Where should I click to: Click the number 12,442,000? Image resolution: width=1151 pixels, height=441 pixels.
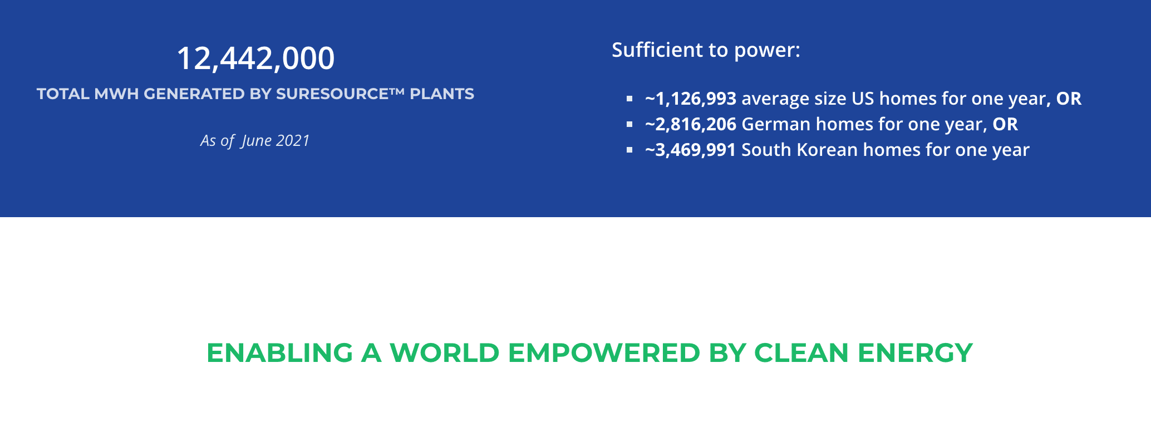pyautogui.click(x=255, y=58)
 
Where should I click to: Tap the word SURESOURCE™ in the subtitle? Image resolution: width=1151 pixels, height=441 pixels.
pyautogui.click(x=340, y=94)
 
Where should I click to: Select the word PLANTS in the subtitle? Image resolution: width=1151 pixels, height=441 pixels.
pyautogui.click(x=442, y=94)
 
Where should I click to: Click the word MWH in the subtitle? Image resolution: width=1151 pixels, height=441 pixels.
pyautogui.click(x=116, y=94)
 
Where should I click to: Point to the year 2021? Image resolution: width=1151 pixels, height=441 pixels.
pyautogui.click(x=293, y=140)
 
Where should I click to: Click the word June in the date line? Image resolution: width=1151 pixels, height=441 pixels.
pyautogui.click(x=256, y=141)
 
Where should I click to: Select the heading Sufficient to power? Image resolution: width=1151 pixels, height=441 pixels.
pyautogui.click(x=706, y=51)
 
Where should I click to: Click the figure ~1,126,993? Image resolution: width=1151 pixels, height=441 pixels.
pyautogui.click(x=691, y=99)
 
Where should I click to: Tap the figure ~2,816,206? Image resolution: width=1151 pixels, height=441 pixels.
pyautogui.click(x=691, y=125)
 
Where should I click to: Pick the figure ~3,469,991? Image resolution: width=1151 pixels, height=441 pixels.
pyautogui.click(x=691, y=150)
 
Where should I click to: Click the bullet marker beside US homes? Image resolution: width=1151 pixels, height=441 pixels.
pyautogui.click(x=629, y=99)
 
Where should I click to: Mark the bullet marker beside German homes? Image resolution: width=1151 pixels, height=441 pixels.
pyautogui.click(x=629, y=124)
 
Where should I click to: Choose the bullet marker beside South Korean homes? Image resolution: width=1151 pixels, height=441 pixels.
pyautogui.click(x=629, y=150)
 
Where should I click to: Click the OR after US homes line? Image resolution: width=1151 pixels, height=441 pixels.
pyautogui.click(x=1069, y=99)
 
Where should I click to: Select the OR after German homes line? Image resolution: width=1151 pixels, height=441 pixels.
pyautogui.click(x=1005, y=124)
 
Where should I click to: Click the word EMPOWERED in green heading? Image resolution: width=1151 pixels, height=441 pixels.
pyautogui.click(x=604, y=353)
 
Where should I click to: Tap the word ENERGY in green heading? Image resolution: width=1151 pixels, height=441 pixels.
pyautogui.click(x=915, y=353)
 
